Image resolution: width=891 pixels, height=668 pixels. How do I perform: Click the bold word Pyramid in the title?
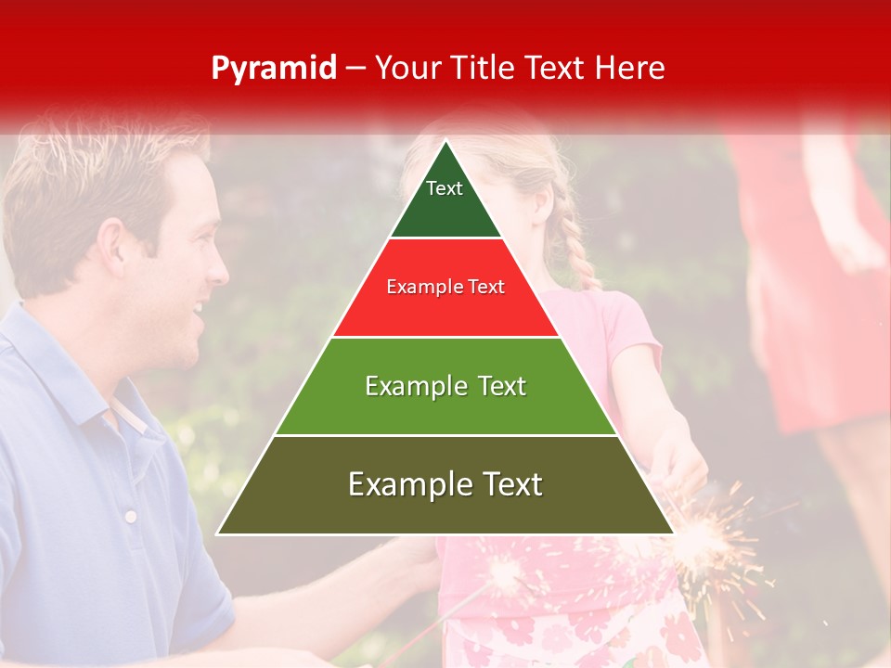click(x=273, y=69)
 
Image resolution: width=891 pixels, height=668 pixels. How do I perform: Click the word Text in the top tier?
click(x=445, y=188)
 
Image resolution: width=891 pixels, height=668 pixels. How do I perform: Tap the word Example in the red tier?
click(x=414, y=287)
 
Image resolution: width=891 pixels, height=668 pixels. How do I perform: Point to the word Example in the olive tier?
click(x=406, y=484)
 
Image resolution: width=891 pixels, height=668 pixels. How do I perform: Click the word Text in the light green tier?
click(x=497, y=386)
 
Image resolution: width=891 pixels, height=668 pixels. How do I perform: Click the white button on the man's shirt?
click(x=131, y=516)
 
